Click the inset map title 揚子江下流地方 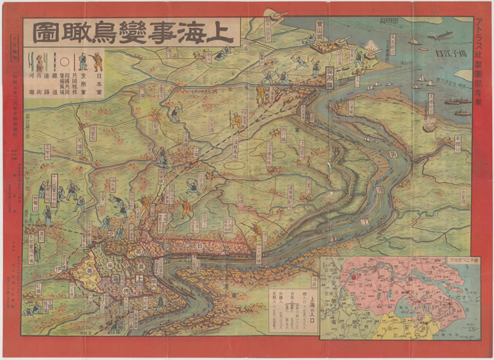(467, 263)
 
